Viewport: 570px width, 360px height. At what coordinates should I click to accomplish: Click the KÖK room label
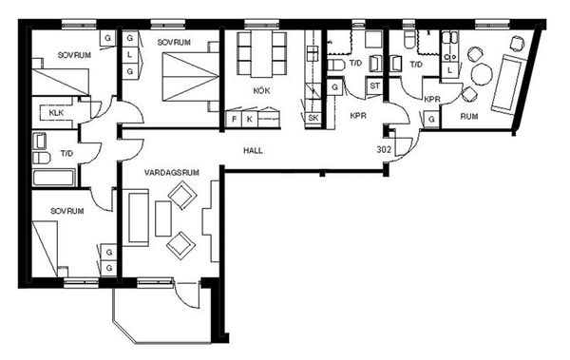click(262, 90)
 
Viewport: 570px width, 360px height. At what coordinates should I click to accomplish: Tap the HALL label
click(253, 150)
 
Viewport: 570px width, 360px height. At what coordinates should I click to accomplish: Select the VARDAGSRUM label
click(172, 172)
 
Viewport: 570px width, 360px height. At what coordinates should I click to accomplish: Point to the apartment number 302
click(384, 149)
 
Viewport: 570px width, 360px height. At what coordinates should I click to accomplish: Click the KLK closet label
click(56, 113)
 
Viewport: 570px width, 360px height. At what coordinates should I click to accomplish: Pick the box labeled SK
click(313, 118)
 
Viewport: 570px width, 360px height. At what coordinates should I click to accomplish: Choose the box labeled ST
click(375, 86)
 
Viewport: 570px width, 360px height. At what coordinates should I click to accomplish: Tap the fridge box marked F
click(234, 120)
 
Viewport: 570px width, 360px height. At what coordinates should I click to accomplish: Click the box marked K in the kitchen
click(250, 120)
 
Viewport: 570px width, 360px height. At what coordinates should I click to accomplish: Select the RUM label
click(469, 117)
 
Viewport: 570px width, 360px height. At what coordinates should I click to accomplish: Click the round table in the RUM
click(482, 74)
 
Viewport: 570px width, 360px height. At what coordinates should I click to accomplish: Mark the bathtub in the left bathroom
click(54, 178)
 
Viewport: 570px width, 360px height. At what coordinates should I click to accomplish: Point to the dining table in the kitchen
click(262, 54)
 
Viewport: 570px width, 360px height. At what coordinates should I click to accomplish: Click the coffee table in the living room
click(163, 218)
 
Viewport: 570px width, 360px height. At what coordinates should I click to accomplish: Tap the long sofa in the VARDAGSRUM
click(139, 218)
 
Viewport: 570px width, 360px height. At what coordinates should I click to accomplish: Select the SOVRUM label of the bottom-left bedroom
click(67, 211)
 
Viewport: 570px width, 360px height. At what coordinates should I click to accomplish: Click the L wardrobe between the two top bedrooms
click(130, 55)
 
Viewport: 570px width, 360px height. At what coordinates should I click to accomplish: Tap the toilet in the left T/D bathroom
click(41, 159)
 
